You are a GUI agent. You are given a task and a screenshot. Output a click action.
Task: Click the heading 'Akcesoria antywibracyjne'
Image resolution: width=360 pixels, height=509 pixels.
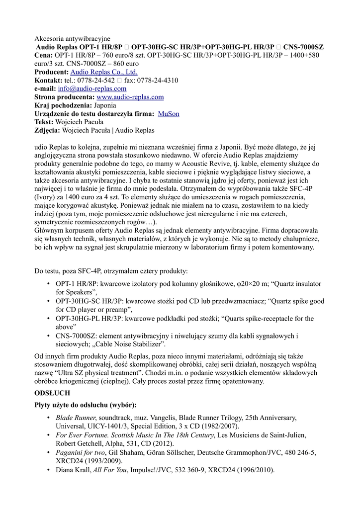point(72,38)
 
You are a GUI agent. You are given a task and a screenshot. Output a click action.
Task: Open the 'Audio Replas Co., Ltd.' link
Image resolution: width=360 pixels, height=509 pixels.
point(103,72)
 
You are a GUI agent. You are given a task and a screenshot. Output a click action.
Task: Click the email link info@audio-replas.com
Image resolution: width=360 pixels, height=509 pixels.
point(92,88)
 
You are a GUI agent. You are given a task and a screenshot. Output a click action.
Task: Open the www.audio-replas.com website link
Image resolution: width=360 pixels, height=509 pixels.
point(130,97)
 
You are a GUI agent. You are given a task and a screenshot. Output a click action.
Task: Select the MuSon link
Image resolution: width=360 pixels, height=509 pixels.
point(169,114)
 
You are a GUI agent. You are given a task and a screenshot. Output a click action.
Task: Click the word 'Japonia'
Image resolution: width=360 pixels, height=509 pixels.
point(105,105)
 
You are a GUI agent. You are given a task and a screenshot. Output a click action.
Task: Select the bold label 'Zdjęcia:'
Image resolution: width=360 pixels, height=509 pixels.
point(47,131)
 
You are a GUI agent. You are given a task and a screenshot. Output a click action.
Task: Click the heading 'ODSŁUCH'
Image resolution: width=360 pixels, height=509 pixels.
point(52,393)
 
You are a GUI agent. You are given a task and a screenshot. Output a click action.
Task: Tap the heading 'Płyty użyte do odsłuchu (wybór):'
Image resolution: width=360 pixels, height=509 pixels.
point(85,405)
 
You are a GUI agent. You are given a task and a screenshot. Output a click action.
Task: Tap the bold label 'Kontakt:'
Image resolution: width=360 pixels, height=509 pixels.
point(48,80)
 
